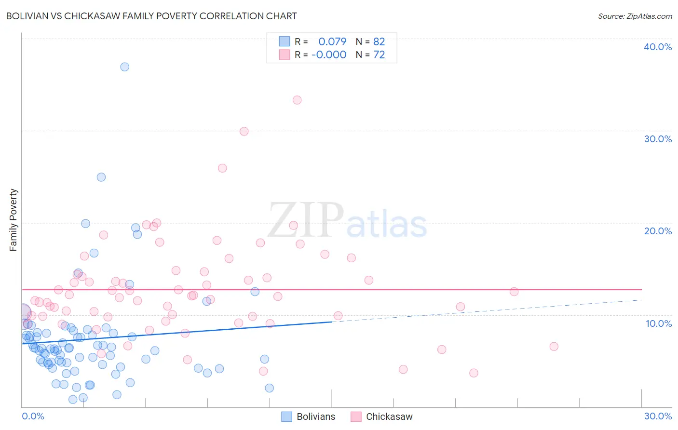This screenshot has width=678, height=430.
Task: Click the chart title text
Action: pyautogui.click(x=151, y=16)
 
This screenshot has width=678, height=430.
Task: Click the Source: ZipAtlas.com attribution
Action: pyautogui.click(x=635, y=16)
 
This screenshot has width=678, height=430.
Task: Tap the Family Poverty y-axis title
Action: pyautogui.click(x=13, y=220)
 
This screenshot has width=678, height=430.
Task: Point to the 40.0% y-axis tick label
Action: pyautogui.click(x=657, y=47)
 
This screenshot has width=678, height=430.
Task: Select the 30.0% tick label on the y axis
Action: pyautogui.click(x=657, y=139)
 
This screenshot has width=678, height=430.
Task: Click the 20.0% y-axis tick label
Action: pyautogui.click(x=657, y=231)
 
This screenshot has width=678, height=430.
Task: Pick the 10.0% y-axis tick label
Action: pyautogui.click(x=658, y=323)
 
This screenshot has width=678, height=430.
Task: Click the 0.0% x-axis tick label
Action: pyautogui.click(x=33, y=416)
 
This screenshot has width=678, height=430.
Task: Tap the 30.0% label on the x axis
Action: pyautogui.click(x=657, y=416)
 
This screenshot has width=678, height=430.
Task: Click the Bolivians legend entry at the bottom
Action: pyautogui.click(x=309, y=417)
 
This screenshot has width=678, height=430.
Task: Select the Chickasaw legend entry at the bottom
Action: pyautogui.click(x=382, y=417)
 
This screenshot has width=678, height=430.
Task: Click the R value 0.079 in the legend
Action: pyautogui.click(x=332, y=42)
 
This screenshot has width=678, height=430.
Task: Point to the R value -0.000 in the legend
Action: pyautogui.click(x=329, y=55)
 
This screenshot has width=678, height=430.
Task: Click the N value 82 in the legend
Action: pyautogui.click(x=379, y=42)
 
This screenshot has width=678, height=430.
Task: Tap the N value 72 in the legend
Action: pyautogui.click(x=379, y=55)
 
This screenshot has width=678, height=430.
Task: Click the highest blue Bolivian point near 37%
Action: pyautogui.click(x=125, y=67)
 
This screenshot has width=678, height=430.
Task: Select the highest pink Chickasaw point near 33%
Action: pyautogui.click(x=297, y=100)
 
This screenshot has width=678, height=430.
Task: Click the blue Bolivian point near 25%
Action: pyautogui.click(x=101, y=177)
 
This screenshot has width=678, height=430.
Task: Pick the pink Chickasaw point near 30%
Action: pyautogui.click(x=244, y=132)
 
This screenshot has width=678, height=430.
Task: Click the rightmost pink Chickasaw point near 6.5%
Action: pyautogui.click(x=554, y=347)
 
